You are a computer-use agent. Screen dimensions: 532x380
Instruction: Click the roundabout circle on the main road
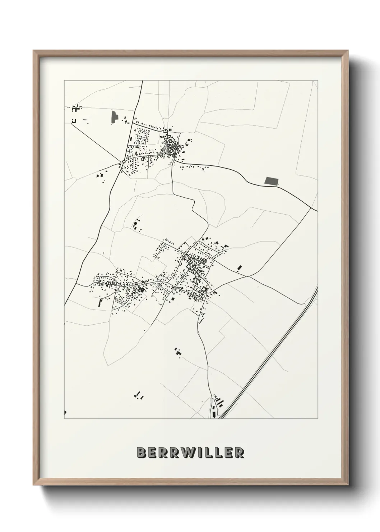(124, 162)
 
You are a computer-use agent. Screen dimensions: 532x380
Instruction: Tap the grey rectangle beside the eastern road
(271, 181)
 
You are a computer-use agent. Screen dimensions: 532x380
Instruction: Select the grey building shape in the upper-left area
(115, 118)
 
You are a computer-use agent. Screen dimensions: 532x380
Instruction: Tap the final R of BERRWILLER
(239, 453)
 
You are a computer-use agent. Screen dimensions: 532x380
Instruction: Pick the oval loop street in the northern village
(143, 136)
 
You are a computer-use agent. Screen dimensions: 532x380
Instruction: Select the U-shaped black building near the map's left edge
(74, 121)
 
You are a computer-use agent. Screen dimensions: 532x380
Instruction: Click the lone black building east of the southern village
(240, 268)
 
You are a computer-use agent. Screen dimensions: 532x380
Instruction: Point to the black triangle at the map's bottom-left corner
(65, 412)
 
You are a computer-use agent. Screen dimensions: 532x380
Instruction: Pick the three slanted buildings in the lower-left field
(139, 396)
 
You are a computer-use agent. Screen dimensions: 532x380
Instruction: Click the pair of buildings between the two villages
(136, 225)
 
